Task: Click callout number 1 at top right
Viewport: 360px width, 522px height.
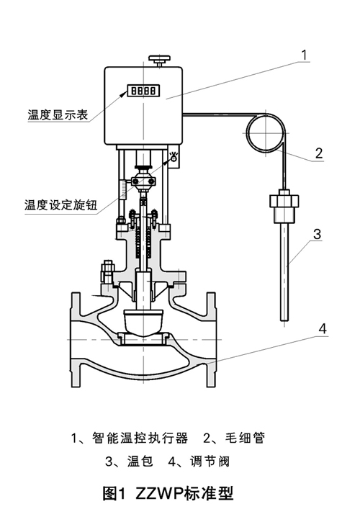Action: tap(304, 55)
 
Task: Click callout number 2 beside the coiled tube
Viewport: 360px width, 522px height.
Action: tap(319, 153)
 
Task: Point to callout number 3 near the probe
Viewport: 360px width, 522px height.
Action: tap(318, 234)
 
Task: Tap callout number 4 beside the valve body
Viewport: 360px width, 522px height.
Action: tap(323, 328)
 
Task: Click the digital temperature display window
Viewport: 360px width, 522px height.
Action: tap(143, 91)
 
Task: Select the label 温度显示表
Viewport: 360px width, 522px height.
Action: tap(58, 114)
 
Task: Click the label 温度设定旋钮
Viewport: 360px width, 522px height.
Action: tap(61, 204)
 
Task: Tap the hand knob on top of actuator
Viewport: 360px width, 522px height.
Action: tap(160, 60)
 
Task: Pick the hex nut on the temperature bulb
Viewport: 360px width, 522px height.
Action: tap(284, 202)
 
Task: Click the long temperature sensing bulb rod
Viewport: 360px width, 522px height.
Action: tap(284, 271)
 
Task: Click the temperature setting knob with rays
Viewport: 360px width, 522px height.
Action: tap(174, 158)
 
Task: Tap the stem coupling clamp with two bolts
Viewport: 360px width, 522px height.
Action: tap(143, 181)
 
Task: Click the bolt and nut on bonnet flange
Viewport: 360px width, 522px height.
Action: tap(107, 271)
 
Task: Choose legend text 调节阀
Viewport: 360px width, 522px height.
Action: tap(210, 462)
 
